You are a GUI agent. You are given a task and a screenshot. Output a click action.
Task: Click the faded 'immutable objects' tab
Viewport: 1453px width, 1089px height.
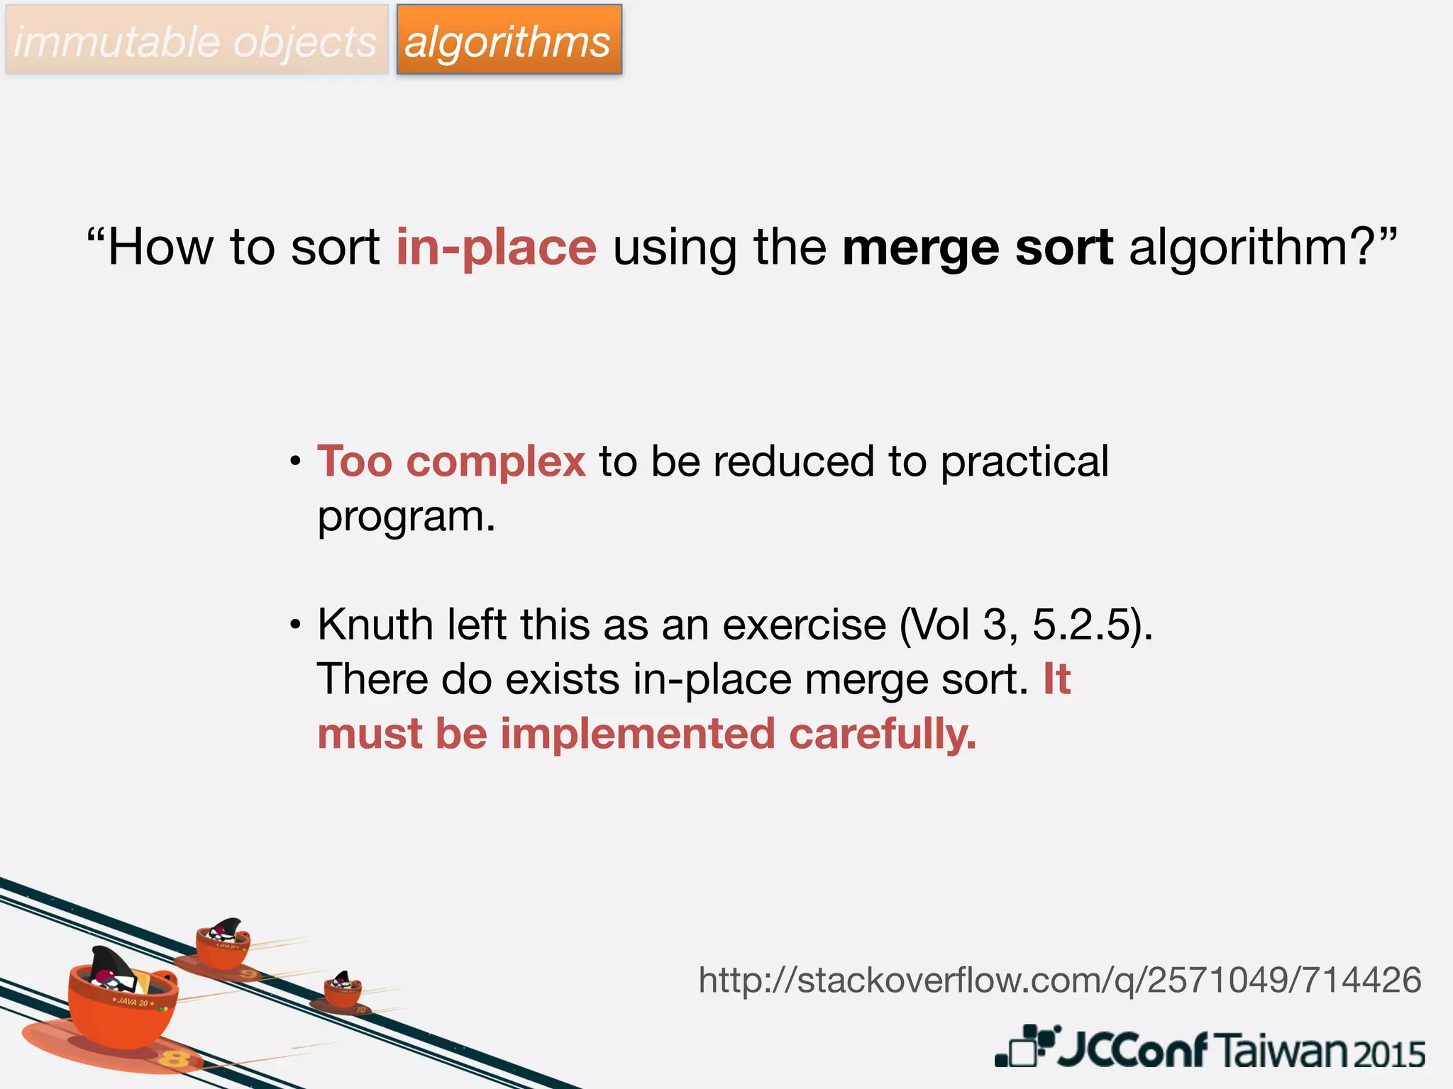(196, 41)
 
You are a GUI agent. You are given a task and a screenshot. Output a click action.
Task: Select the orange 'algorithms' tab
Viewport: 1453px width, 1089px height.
(508, 41)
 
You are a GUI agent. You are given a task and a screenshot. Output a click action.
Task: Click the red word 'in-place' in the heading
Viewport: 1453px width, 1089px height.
(496, 247)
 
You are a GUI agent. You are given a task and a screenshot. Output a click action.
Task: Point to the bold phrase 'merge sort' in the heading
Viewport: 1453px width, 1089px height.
(977, 247)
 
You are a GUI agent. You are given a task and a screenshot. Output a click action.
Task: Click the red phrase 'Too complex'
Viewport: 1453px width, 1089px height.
(451, 462)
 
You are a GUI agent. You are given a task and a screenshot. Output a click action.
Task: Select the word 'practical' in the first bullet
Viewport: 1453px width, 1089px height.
(1024, 462)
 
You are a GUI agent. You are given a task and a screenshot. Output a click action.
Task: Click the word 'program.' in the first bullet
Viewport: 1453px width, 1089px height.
(406, 516)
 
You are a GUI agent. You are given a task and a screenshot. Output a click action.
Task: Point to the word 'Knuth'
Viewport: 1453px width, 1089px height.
(375, 625)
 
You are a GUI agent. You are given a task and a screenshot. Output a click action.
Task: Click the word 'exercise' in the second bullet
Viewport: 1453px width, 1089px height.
(804, 625)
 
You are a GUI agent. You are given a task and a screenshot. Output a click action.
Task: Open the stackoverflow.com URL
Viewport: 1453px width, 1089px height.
(1060, 980)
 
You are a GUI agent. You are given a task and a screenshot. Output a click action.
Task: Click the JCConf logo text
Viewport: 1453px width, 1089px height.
(1132, 1049)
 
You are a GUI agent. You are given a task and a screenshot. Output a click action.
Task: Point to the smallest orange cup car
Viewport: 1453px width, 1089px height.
(343, 990)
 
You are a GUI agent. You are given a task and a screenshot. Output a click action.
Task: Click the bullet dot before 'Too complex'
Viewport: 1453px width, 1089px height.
(296, 463)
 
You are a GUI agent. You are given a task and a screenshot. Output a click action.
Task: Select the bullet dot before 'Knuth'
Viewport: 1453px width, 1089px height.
(296, 626)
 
